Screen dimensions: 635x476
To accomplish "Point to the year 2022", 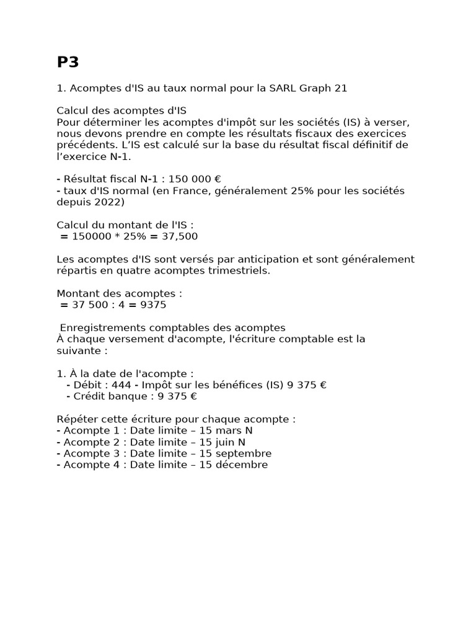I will click(110, 202).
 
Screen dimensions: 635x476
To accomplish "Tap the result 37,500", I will click(178, 236).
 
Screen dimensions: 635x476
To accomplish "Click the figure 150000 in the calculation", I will click(94, 236).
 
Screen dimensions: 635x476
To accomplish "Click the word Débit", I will click(88, 385).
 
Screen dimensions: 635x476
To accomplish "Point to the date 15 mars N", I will click(226, 430).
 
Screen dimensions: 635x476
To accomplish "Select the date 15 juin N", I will click(223, 442).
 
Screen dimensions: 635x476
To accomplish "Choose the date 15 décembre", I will click(234, 464).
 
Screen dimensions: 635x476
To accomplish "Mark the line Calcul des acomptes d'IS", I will click(121, 111).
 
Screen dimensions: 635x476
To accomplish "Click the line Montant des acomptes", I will click(120, 293).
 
